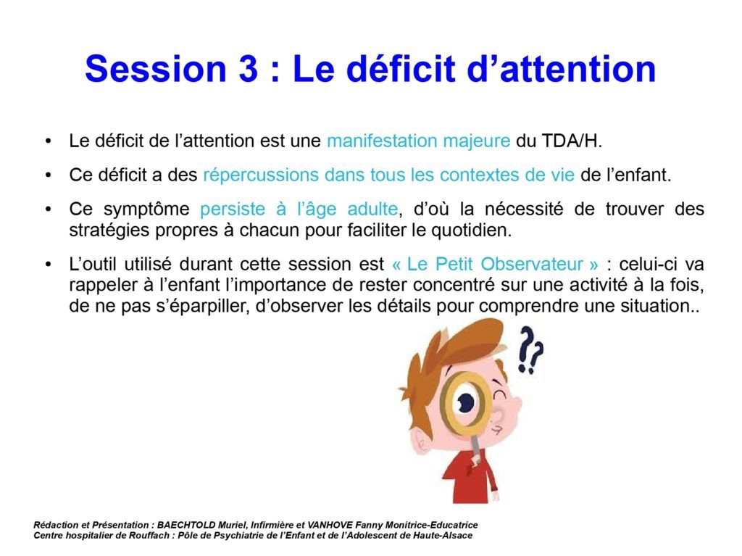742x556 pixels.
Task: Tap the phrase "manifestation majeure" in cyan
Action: [418, 141]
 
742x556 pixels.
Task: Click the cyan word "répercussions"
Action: [261, 175]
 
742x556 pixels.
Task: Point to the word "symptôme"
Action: [146, 209]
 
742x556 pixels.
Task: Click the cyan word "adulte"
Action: [372, 209]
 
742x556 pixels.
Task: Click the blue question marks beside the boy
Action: [530, 350]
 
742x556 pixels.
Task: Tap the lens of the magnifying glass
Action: [466, 403]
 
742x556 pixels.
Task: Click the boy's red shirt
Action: [470, 478]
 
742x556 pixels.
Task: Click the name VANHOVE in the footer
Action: [330, 525]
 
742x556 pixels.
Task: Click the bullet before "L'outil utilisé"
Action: [49, 265]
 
